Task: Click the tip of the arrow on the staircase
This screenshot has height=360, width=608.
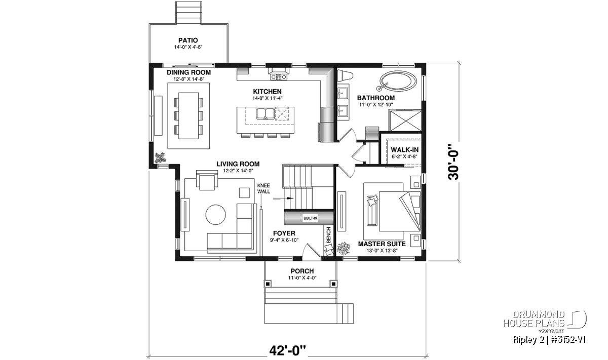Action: pyautogui.click(x=294, y=198)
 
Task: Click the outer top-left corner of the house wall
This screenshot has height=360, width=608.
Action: pyautogui.click(x=149, y=63)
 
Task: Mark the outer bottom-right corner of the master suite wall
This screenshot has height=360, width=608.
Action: pyautogui.click(x=426, y=261)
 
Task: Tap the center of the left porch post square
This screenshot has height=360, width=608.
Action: pyautogui.click(x=268, y=284)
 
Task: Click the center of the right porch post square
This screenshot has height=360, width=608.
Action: pyautogui.click(x=333, y=284)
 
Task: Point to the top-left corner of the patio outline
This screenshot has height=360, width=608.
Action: pyautogui.click(x=149, y=24)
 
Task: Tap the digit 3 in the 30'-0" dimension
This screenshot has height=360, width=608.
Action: pyautogui.click(x=453, y=175)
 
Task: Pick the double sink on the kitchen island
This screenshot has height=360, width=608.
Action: pyautogui.click(x=265, y=113)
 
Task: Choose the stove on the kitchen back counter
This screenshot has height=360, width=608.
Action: pyautogui.click(x=279, y=77)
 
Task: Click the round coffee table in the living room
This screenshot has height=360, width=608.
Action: pyautogui.click(x=215, y=214)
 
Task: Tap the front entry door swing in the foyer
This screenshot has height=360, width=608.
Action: pyautogui.click(x=312, y=250)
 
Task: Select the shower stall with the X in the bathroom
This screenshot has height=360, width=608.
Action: pyautogui.click(x=405, y=120)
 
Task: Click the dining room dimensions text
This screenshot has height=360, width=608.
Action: pyautogui.click(x=188, y=79)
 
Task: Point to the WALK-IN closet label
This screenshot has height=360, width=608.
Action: pyautogui.click(x=404, y=150)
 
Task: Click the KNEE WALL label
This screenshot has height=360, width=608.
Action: pyautogui.click(x=263, y=188)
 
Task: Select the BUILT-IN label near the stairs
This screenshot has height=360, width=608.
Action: pyautogui.click(x=310, y=218)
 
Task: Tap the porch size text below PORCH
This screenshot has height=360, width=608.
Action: pyautogui.click(x=302, y=277)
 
